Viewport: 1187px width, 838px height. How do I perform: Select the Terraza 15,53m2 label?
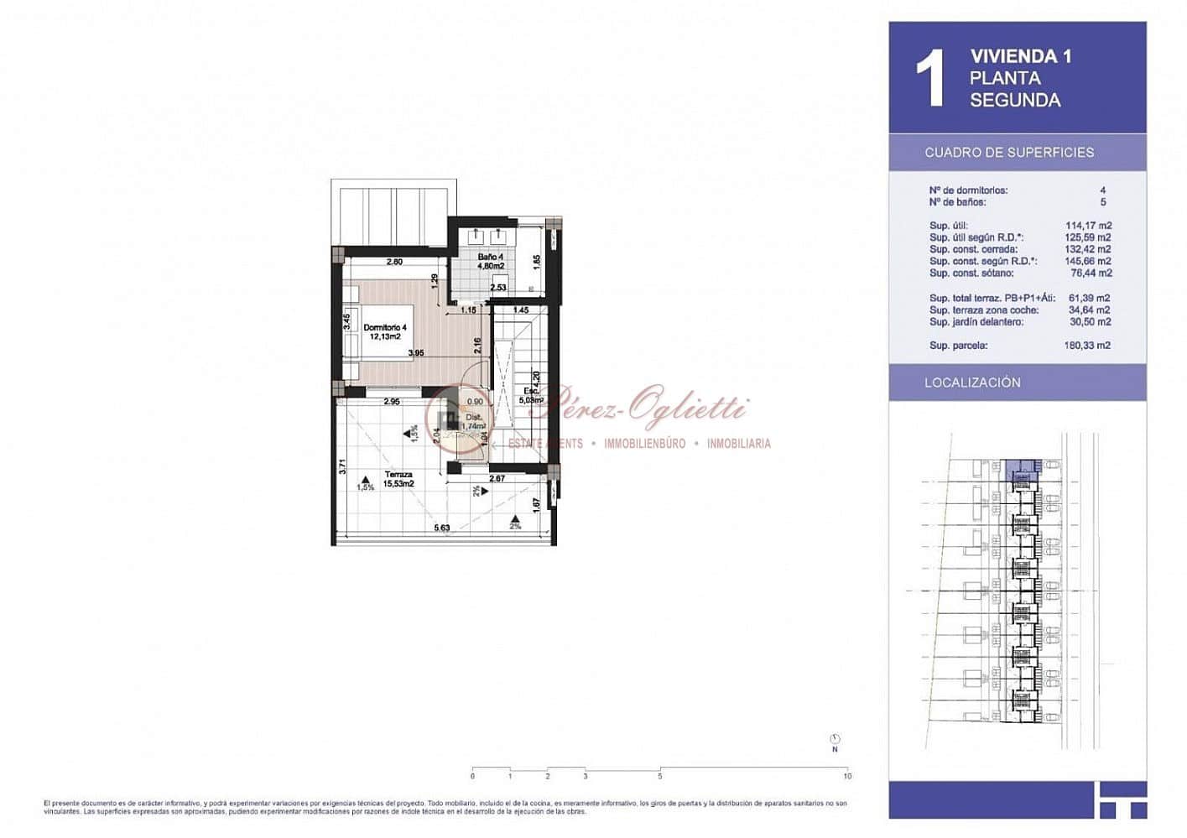coord(398,479)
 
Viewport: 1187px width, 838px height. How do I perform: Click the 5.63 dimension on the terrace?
coord(441,528)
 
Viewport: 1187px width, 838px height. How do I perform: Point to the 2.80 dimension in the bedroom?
coord(394,262)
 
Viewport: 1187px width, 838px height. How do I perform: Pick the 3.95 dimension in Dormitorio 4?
coord(415,353)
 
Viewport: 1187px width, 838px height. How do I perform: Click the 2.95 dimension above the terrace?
coord(391,402)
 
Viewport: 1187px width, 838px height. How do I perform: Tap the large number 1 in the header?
coord(929,78)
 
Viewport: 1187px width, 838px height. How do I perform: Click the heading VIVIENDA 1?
coord(1020,56)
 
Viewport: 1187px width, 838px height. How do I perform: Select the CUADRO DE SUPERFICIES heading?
coord(1009,153)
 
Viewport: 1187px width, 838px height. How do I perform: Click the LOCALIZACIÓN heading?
coord(972,383)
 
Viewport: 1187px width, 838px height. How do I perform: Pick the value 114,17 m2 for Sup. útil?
coord(1088,226)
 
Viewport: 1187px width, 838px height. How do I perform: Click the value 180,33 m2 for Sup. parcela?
coord(1087,346)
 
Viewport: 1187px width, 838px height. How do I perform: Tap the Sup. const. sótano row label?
coord(971,273)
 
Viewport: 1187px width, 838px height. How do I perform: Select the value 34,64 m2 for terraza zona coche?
coord(1088,310)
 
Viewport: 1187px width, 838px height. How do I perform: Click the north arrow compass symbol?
coord(835,740)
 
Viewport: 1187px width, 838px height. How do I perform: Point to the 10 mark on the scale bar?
coord(847,776)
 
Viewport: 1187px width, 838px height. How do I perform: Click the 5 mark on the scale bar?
coord(660,776)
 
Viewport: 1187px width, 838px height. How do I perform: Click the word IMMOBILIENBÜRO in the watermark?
coord(644,444)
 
